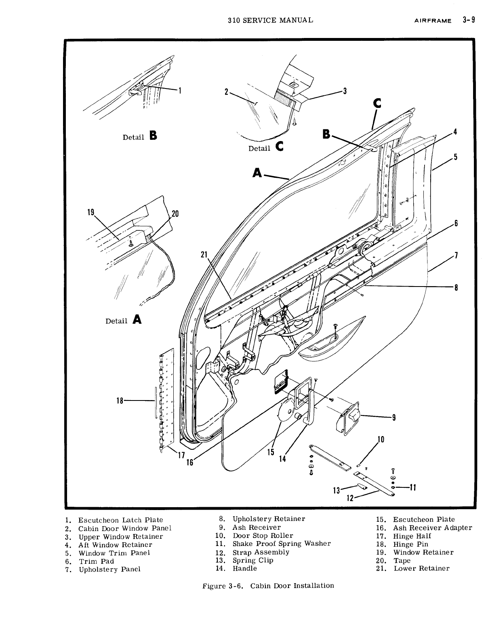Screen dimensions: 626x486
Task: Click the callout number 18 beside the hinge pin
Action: point(120,400)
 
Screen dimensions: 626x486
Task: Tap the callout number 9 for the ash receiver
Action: point(393,418)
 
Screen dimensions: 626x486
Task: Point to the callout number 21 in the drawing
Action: point(204,255)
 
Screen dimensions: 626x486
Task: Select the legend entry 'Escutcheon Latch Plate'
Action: point(120,520)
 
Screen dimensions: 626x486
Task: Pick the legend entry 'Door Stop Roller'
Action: point(263,535)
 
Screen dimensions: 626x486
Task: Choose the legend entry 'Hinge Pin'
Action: point(410,544)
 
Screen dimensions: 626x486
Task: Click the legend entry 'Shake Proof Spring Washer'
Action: point(281,544)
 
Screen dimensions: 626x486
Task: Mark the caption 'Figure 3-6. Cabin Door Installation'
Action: point(268,585)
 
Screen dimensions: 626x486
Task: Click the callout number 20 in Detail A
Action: point(175,214)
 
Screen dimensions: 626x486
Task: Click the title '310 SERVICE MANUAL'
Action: point(270,19)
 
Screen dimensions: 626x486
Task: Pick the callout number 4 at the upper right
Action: point(455,132)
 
